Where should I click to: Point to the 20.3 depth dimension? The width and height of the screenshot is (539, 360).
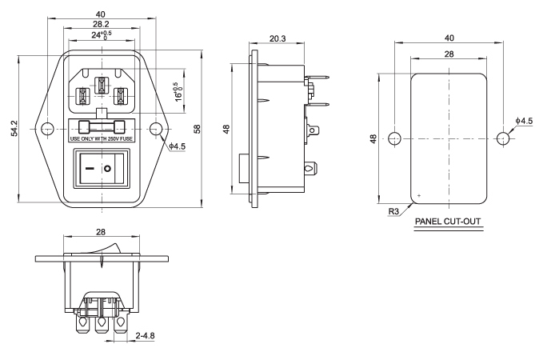pyautogui.click(x=278, y=38)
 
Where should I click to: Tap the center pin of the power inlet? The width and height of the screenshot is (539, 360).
pyautogui.click(x=102, y=85)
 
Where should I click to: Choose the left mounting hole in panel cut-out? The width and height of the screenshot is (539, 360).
pyautogui.click(x=393, y=138)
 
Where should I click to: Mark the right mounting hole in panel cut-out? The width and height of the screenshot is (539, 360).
pyautogui.click(x=502, y=138)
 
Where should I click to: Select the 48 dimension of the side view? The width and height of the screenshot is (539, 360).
pyautogui.click(x=228, y=128)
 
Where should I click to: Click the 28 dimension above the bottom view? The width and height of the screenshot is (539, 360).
pyautogui.click(x=102, y=230)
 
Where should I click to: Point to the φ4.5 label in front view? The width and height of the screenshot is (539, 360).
pyautogui.click(x=178, y=146)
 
